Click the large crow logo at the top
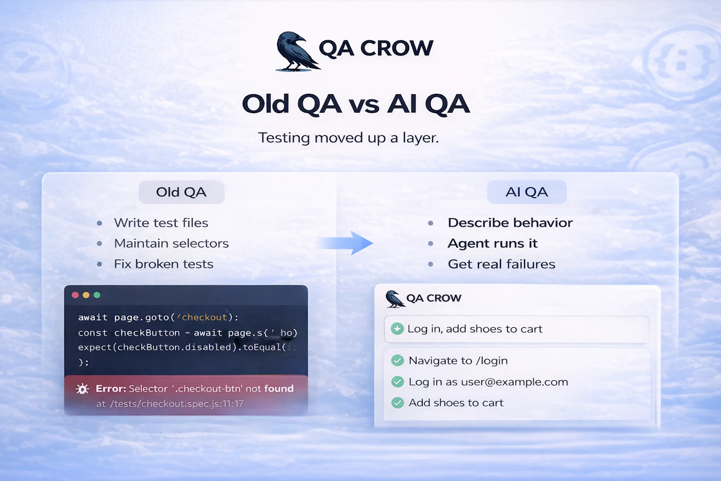(x=295, y=51)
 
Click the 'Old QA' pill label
(x=181, y=192)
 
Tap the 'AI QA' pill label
(x=526, y=192)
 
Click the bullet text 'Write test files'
(x=161, y=223)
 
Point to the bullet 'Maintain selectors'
(x=171, y=244)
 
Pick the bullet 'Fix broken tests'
(x=164, y=265)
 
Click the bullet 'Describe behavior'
(x=510, y=223)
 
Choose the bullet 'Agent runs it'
(x=493, y=244)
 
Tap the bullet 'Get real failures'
(x=501, y=265)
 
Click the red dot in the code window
(x=75, y=295)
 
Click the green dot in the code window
(x=97, y=295)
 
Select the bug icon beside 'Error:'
(x=82, y=389)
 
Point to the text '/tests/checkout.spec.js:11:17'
(x=177, y=404)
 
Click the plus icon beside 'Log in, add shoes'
(x=397, y=329)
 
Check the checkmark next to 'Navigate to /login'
(x=397, y=361)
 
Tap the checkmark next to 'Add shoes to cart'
(x=397, y=403)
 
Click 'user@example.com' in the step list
(x=514, y=382)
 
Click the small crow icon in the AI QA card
(x=394, y=299)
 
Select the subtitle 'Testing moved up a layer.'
(x=348, y=138)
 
